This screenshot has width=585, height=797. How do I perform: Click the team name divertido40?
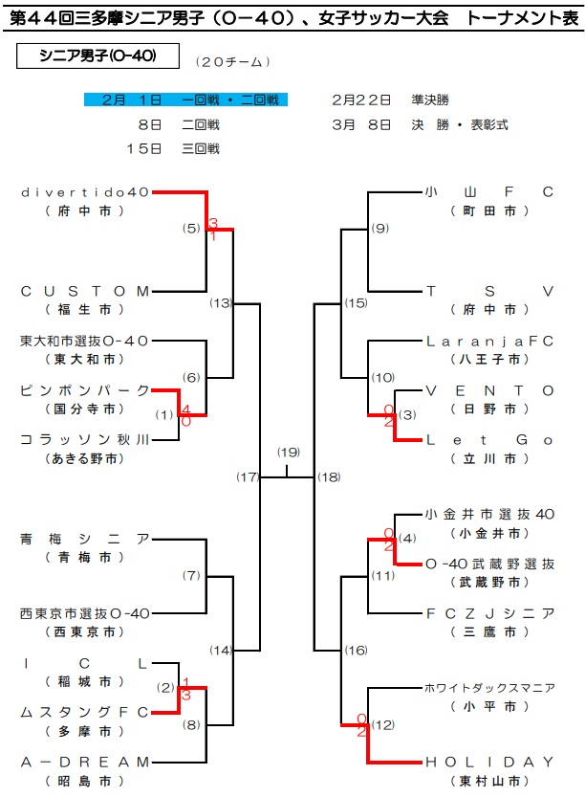click(x=85, y=192)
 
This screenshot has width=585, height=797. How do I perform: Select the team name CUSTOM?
click(x=85, y=291)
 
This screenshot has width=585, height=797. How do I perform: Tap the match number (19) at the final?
click(x=289, y=452)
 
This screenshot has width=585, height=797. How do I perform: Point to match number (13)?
click(x=221, y=303)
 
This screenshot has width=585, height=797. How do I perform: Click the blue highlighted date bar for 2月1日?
click(x=185, y=100)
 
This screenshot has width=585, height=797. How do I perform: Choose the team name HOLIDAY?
click(x=489, y=762)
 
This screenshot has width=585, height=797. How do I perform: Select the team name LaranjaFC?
click(x=489, y=341)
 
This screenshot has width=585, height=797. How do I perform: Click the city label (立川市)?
click(x=489, y=458)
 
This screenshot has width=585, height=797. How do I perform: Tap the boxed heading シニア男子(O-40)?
click(x=98, y=55)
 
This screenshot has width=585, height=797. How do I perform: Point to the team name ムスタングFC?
click(x=85, y=712)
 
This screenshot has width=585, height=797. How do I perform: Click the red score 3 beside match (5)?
click(x=213, y=223)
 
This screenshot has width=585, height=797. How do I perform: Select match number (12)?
click(x=383, y=725)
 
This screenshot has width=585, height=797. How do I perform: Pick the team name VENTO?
click(x=489, y=391)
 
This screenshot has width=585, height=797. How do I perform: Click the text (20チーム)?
click(x=232, y=62)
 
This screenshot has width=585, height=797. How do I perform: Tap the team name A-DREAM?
click(x=85, y=762)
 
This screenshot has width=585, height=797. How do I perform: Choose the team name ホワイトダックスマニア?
click(x=489, y=688)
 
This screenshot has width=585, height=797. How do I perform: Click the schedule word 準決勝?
click(x=430, y=100)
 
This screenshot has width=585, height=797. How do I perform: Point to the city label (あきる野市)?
click(x=85, y=458)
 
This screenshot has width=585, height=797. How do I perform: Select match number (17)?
click(x=248, y=476)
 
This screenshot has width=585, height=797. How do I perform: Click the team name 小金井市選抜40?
click(x=489, y=515)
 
